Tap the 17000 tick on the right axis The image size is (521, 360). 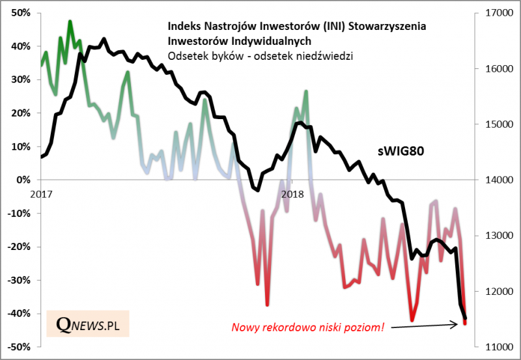494,13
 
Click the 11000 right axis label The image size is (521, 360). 494,347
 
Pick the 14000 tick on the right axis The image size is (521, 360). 494,180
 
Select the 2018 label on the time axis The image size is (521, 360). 292,193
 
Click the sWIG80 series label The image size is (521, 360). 402,151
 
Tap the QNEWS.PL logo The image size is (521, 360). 92,324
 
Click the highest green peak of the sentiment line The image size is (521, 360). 70,21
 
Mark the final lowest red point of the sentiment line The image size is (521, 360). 464,323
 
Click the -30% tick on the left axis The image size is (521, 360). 19,280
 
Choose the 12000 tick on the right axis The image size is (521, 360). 494,291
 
